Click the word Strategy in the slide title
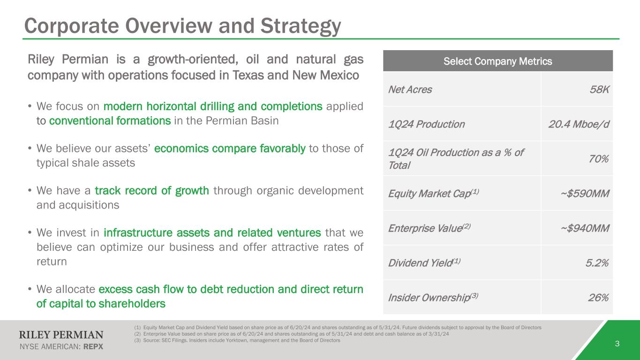click(301, 26)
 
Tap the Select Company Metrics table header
click(498, 61)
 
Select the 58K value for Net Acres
click(599, 90)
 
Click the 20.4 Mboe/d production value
click(579, 124)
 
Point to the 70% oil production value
click(599, 158)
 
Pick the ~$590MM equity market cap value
click(585, 194)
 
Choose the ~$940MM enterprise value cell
click(585, 228)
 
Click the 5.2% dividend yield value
click(597, 262)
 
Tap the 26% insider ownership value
click(598, 298)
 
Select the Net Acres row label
click(410, 90)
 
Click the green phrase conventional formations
click(110, 121)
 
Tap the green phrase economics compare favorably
click(230, 149)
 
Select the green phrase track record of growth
click(152, 191)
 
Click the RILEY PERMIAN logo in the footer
click(61, 335)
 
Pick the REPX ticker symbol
click(93, 346)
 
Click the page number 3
click(617, 344)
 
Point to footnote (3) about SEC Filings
click(237, 340)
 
